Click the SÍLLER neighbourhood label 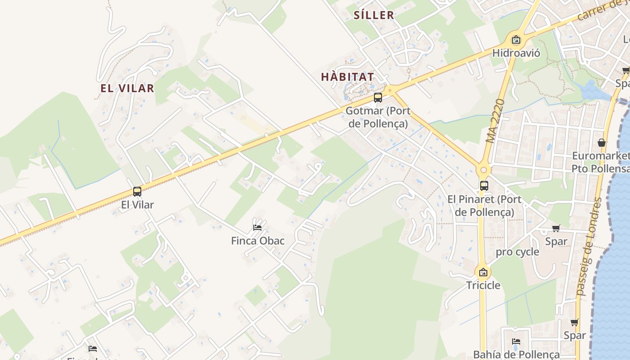[374, 15]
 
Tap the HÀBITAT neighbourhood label [347, 77]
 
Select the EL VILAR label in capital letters [127, 88]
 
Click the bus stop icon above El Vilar [137, 192]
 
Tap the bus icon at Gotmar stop [378, 97]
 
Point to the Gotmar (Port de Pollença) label [378, 117]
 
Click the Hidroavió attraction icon [516, 40]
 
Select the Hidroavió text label [516, 53]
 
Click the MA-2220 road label [495, 121]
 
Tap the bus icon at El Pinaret [484, 185]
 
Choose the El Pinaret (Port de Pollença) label [484, 206]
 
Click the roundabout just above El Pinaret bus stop [484, 171]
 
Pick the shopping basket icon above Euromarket [602, 143]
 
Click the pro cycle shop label [517, 252]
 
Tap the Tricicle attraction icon [483, 272]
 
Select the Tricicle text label [483, 285]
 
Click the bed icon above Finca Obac [257, 227]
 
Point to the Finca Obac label [258, 241]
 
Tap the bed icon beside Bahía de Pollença [516, 342]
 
